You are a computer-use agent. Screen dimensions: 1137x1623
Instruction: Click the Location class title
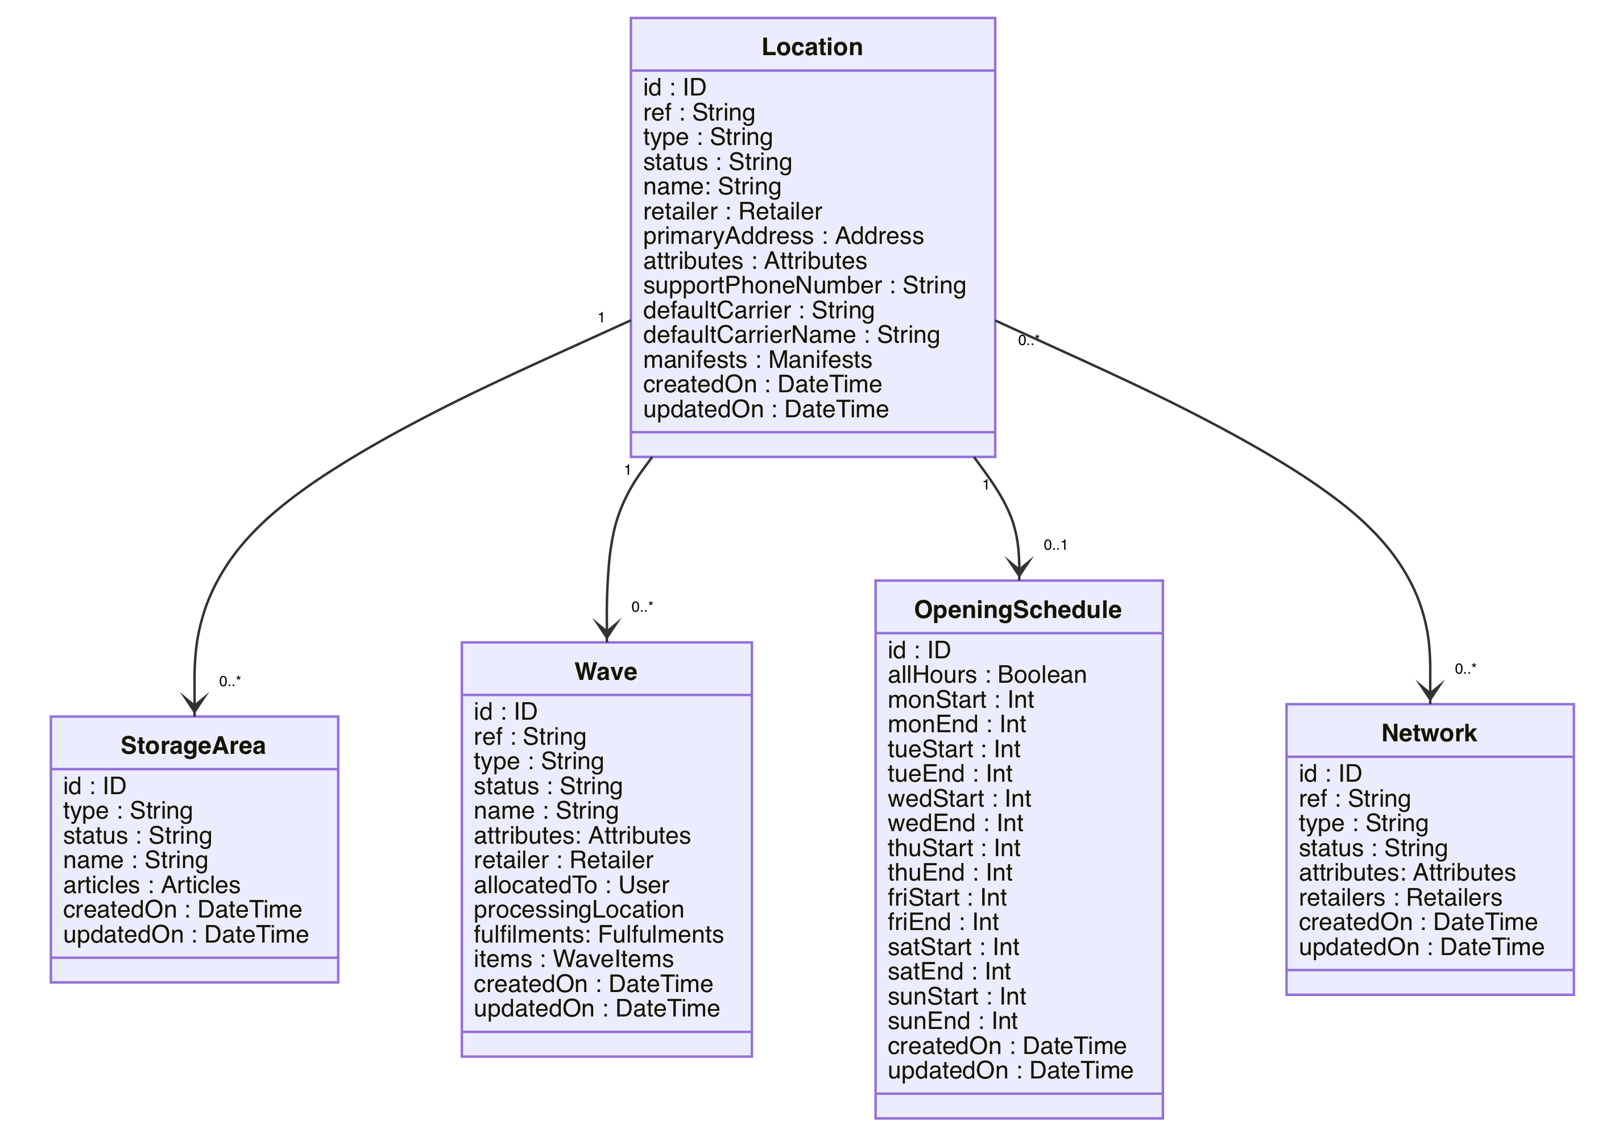point(812,47)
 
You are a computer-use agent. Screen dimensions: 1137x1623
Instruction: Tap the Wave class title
point(606,671)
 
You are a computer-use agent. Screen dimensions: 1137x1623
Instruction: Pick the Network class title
point(1429,733)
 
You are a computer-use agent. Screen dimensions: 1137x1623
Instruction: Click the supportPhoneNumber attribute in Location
point(804,285)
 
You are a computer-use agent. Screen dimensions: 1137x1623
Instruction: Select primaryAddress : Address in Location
point(783,236)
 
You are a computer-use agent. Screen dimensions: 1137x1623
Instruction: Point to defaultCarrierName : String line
point(791,335)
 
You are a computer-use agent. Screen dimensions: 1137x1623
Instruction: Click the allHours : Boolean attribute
point(987,675)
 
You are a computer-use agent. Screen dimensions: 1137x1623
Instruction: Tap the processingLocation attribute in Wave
point(578,910)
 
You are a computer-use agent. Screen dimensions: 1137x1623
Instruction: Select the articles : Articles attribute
point(151,885)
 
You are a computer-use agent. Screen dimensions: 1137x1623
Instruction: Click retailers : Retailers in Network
point(1400,898)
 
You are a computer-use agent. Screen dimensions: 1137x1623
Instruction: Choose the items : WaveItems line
point(573,959)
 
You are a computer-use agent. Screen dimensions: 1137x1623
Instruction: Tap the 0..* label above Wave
point(642,607)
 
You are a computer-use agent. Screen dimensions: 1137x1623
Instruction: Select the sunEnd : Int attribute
point(952,1021)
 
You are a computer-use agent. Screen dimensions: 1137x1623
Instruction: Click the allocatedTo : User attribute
point(571,885)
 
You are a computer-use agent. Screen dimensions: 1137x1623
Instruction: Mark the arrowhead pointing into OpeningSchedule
point(1018,570)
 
